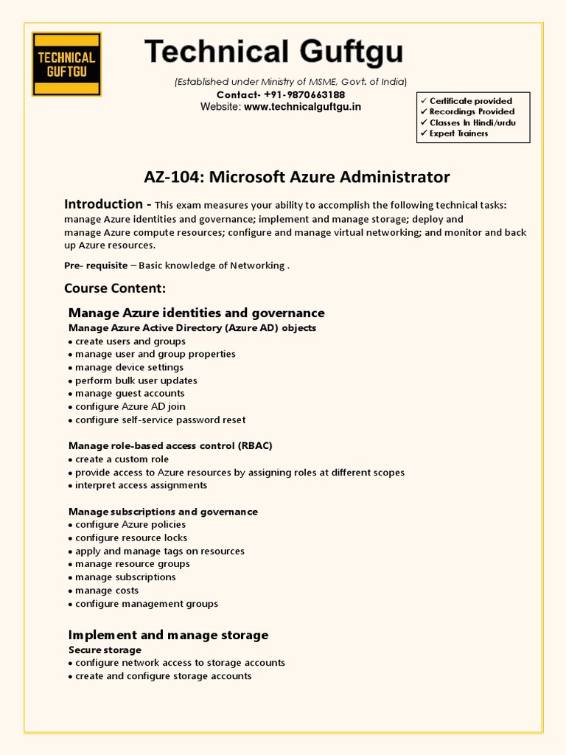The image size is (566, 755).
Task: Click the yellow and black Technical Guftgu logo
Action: click(x=66, y=63)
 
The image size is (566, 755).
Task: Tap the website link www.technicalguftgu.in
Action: click(x=303, y=107)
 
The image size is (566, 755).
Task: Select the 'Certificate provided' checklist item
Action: click(x=470, y=101)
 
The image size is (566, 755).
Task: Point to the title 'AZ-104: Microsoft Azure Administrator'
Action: click(x=296, y=177)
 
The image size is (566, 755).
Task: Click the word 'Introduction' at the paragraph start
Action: click(x=103, y=204)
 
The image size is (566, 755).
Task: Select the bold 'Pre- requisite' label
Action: click(x=96, y=265)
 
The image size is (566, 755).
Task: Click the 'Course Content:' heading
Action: click(x=115, y=288)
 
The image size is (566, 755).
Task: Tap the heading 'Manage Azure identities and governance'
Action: click(x=196, y=313)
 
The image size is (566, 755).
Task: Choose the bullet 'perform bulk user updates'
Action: click(x=136, y=380)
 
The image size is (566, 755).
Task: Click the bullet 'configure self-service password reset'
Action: click(x=161, y=420)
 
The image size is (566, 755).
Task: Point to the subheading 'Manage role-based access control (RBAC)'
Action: click(x=170, y=446)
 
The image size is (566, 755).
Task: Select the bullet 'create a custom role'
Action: click(x=122, y=459)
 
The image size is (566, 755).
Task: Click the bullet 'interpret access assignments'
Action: click(x=141, y=485)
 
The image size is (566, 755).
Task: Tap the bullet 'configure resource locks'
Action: click(x=131, y=537)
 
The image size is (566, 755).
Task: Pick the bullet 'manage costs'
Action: click(x=107, y=591)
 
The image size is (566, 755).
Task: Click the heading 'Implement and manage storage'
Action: click(x=168, y=635)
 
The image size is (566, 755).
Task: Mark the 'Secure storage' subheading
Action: click(x=105, y=650)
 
